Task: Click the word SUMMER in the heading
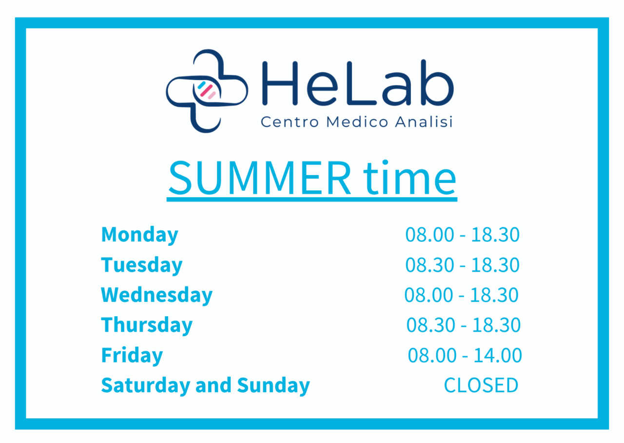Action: click(260, 178)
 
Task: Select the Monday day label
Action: click(139, 235)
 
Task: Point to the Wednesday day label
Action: click(156, 295)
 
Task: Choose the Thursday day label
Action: click(147, 325)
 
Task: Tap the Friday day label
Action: click(132, 356)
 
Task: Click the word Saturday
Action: click(146, 385)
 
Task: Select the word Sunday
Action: click(273, 385)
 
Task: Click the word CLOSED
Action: click(481, 385)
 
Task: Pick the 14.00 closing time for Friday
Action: click(498, 356)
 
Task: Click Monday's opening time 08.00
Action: click(429, 235)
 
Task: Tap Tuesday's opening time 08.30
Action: click(429, 264)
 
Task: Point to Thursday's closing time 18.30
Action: click(496, 325)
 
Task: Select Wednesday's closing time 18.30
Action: click(494, 295)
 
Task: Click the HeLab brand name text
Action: click(358, 83)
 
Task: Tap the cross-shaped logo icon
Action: click(207, 91)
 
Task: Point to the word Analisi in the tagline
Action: click(424, 122)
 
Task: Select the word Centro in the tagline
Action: click(290, 122)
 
